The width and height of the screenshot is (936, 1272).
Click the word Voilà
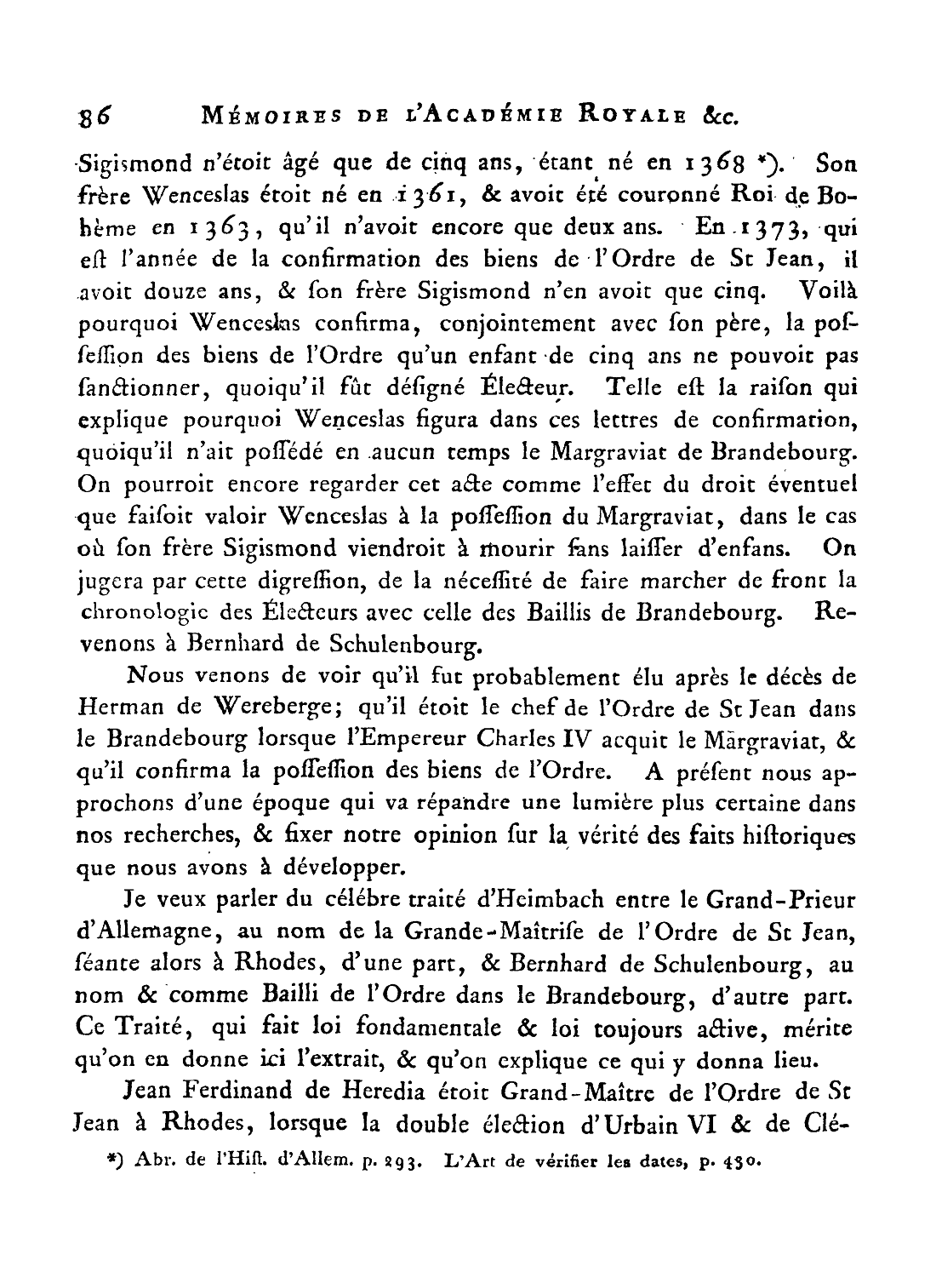830,293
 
